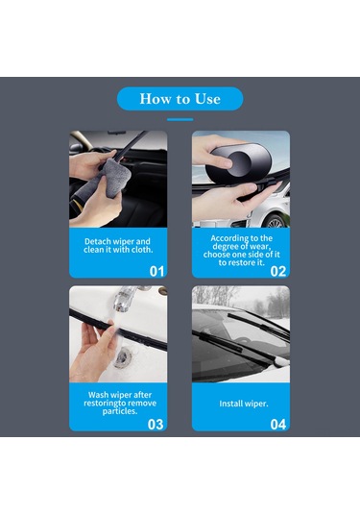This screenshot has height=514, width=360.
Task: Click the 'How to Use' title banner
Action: [180, 99]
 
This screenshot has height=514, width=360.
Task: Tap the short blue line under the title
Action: [180, 120]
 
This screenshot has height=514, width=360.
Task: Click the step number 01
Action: [156, 272]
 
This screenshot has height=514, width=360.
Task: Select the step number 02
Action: [278, 272]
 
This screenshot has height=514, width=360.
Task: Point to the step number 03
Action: [156, 425]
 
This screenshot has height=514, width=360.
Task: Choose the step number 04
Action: [278, 425]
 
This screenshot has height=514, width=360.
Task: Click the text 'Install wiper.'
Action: [244, 404]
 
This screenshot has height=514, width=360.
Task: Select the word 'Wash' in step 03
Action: [98, 395]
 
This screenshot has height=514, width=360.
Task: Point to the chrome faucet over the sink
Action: [126, 298]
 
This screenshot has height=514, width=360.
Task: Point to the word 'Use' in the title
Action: [207, 99]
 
